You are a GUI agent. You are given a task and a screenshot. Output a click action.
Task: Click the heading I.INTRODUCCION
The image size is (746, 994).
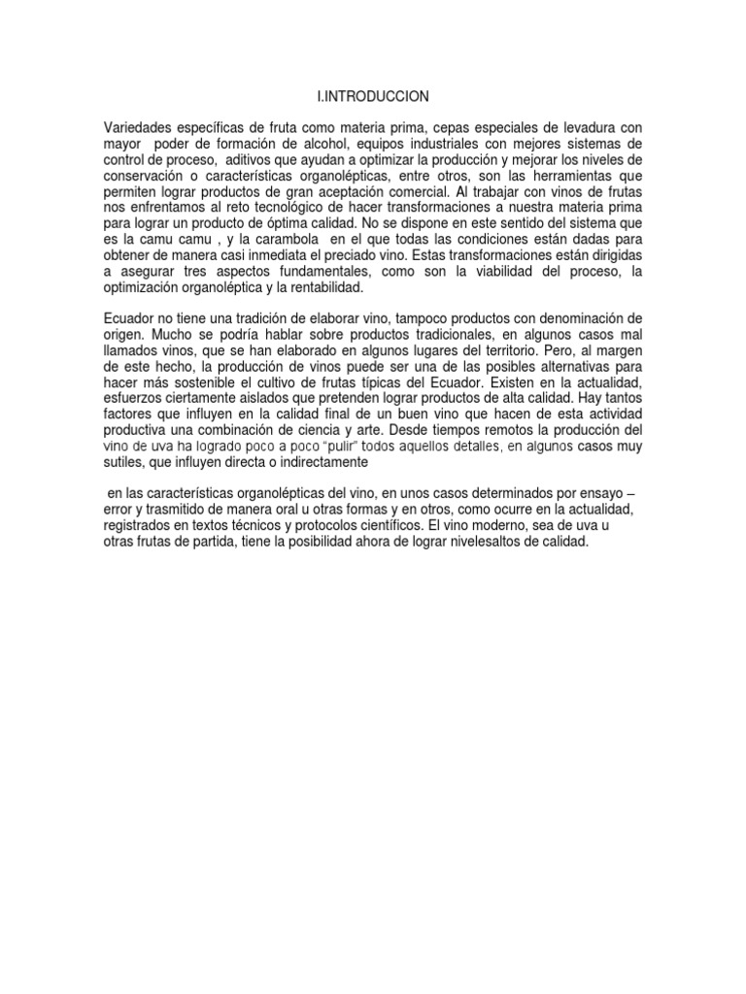click(x=365, y=96)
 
